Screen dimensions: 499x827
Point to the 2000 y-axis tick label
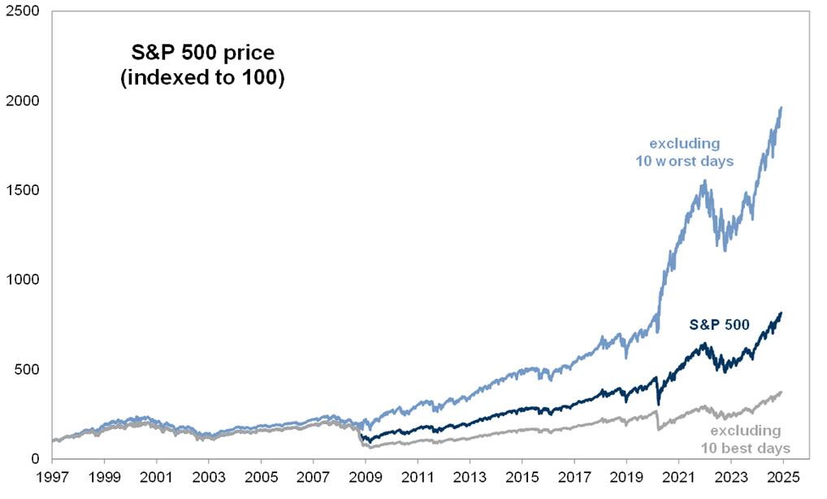[22, 102]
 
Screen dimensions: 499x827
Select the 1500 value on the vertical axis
[22, 190]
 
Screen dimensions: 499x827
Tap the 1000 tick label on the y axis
[22, 280]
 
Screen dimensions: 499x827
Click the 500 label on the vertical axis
[25, 369]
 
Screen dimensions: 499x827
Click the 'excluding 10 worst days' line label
[685, 153]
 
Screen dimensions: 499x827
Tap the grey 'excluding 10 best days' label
[745, 439]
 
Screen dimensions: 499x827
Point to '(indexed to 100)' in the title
[202, 80]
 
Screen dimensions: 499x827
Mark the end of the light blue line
[782, 107]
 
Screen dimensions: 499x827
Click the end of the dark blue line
[782, 313]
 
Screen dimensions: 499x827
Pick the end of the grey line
[782, 392]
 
